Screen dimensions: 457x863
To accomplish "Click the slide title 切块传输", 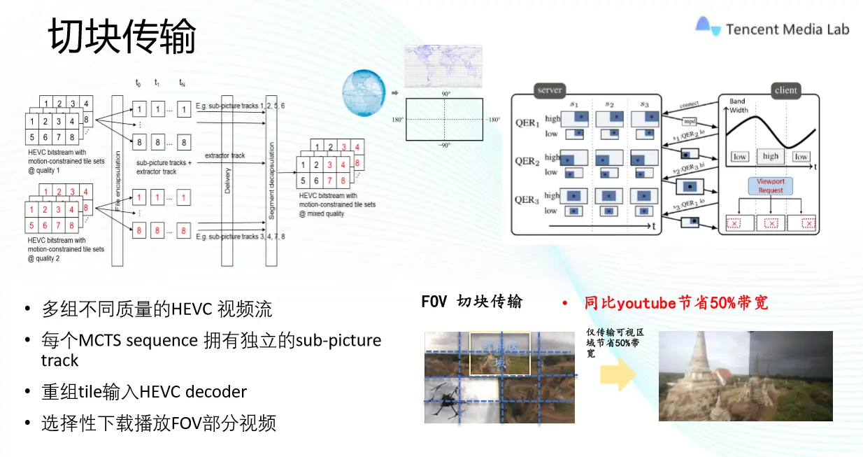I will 122,36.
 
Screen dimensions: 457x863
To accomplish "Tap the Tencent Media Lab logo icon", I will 707,27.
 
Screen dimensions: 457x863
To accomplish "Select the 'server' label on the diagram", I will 550,90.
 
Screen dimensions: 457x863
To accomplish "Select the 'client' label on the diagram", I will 785,90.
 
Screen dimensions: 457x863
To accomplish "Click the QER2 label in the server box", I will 527,162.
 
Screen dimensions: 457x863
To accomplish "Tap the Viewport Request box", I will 771,185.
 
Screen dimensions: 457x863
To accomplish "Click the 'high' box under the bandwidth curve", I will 770,156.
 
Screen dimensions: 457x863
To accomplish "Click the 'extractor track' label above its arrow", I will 224,155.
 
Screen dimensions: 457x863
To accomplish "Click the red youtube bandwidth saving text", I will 676,302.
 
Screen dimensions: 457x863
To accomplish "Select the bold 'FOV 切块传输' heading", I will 471,302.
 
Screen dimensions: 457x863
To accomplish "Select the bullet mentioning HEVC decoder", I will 144,392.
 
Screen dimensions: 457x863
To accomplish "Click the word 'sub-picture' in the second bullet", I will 338,341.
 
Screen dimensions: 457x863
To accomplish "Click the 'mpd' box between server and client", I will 689,120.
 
